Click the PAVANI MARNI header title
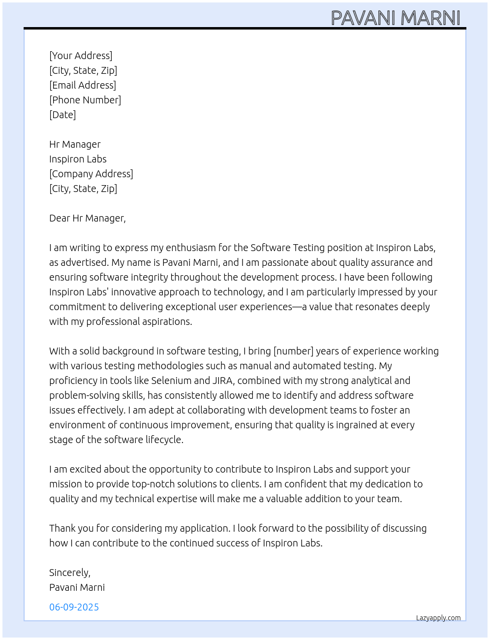396,18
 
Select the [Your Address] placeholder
81,56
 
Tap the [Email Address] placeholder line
83,85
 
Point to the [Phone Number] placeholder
85,100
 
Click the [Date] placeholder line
62,115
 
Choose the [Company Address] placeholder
91,174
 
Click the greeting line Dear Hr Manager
87,218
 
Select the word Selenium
171,381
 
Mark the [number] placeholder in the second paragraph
293,351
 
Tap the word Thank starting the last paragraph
62,528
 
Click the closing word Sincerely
69,573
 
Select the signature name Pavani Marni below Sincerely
77,587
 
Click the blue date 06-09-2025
74,607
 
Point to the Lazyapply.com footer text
438,618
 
